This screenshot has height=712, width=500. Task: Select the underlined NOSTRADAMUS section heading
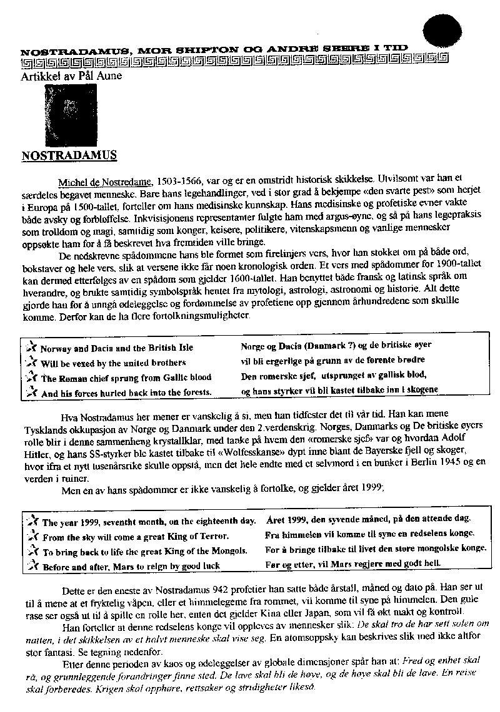click(x=69, y=154)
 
